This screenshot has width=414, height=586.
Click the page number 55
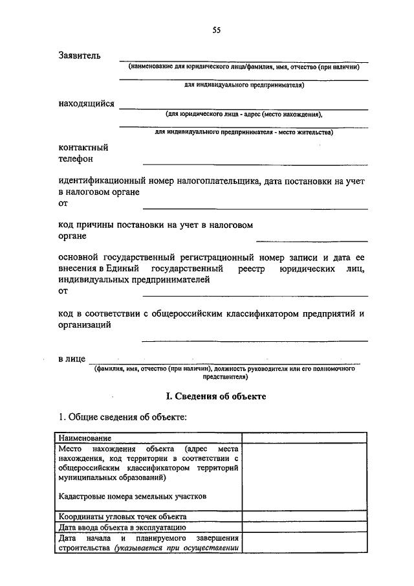[x=216, y=29]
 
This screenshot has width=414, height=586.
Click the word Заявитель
[x=79, y=56]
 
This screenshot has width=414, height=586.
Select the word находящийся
[x=86, y=104]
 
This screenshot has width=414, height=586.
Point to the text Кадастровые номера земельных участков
[x=131, y=496]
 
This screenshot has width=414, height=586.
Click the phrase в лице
[x=70, y=359]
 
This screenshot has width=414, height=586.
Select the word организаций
[x=83, y=326]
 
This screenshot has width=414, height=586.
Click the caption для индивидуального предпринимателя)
[x=244, y=84]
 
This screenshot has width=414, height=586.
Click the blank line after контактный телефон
[x=255, y=162]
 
